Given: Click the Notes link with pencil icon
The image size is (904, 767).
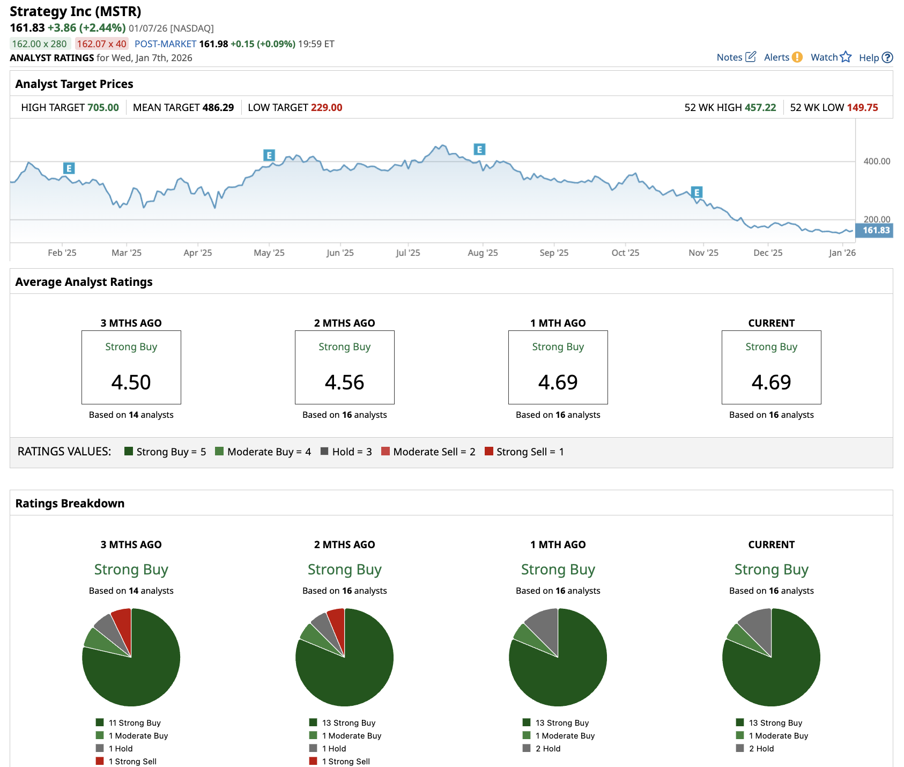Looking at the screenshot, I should (x=736, y=57).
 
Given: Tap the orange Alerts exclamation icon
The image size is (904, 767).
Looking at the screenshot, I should (x=797, y=57).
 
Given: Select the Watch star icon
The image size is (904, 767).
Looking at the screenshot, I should (x=846, y=57).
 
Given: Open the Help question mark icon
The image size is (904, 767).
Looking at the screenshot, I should (x=887, y=57).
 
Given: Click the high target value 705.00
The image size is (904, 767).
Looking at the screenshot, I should (x=103, y=107).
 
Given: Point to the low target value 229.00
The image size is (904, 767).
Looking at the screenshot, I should (x=327, y=107).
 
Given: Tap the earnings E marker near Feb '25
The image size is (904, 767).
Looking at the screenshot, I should (x=69, y=168).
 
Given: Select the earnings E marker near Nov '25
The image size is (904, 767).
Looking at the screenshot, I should (x=696, y=193).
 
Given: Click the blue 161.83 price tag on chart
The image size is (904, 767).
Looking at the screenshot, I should (x=875, y=231).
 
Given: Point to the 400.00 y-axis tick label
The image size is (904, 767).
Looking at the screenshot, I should (x=877, y=161).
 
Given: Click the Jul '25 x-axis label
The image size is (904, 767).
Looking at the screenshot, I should (x=407, y=253).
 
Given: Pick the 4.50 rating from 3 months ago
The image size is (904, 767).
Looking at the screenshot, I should (x=131, y=382).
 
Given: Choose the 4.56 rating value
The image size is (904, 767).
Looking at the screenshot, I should (x=344, y=382).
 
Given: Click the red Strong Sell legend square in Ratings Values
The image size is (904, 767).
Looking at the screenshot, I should (x=488, y=451).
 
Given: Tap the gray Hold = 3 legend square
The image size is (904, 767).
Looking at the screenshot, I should (x=324, y=451).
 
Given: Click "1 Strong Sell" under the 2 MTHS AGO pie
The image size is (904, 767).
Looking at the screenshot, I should (x=346, y=761).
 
